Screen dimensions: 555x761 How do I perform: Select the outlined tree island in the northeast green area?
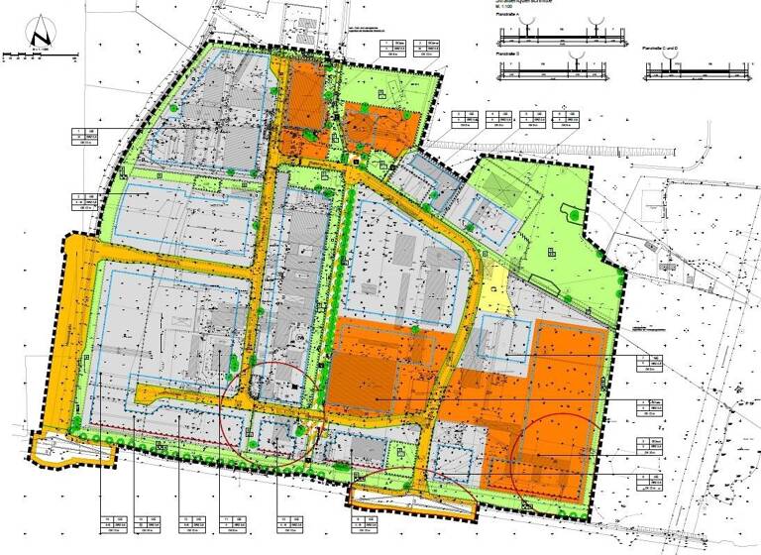(572, 210)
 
